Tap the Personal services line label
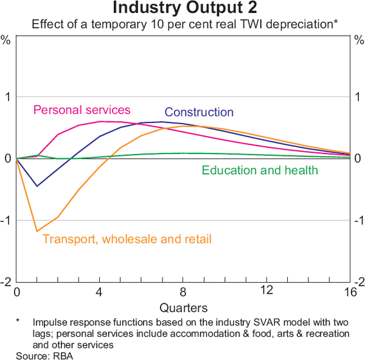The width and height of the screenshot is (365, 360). tap(82, 110)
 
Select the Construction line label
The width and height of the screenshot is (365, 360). tap(199, 112)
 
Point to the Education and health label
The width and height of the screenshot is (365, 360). tap(260, 170)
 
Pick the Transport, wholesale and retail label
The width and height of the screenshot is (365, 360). tap(127, 239)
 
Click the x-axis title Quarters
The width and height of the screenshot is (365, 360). tap(183, 308)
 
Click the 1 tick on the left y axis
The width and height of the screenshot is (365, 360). tap(7, 97)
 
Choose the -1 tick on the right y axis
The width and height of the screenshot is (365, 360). tap(358, 221)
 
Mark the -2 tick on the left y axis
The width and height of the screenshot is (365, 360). tap(6, 282)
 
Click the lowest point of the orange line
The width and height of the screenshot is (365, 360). tap(37, 231)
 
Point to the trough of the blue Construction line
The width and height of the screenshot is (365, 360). tap(37, 186)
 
